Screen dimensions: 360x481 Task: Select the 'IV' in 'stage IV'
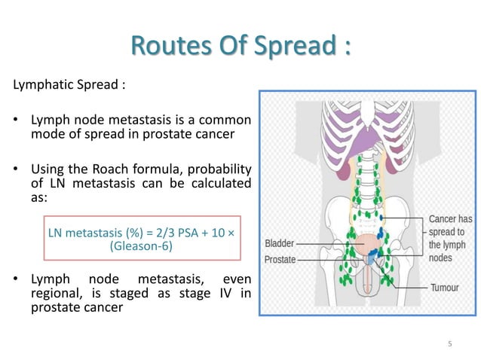coord(229,292)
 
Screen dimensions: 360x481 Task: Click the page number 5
coord(449,344)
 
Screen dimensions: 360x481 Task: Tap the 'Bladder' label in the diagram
coord(280,244)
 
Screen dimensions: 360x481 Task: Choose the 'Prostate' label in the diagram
coord(280,260)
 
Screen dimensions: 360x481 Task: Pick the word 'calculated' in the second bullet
coord(224,182)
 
